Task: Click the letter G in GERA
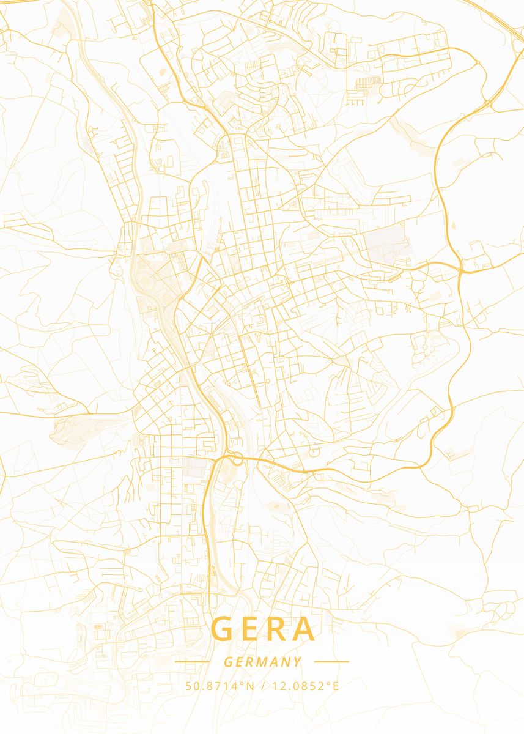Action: [223, 629]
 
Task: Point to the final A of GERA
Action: [306, 629]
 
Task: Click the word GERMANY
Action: [262, 662]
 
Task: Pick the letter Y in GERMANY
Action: [297, 662]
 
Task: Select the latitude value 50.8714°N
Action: [219, 686]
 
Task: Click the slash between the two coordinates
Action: [262, 686]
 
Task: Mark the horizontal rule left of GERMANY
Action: [192, 662]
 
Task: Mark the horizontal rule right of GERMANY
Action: [331, 662]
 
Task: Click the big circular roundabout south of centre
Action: [232, 458]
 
